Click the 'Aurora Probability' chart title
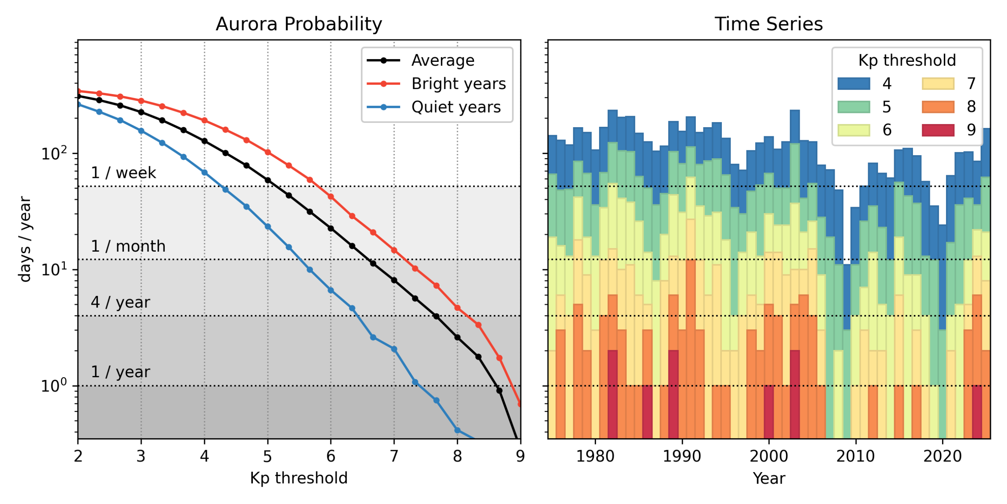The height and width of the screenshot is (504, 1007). [x=299, y=24]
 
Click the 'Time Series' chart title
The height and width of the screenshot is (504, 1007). [x=768, y=24]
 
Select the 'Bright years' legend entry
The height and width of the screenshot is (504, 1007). [x=458, y=83]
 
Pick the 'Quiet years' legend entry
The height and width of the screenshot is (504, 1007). [x=456, y=107]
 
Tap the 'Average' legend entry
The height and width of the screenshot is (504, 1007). [x=443, y=60]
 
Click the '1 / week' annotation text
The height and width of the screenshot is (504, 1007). [x=123, y=173]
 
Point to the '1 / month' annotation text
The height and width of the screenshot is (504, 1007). [x=128, y=246]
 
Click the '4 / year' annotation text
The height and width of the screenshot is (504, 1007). [x=120, y=302]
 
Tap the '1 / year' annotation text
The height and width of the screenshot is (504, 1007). [x=120, y=372]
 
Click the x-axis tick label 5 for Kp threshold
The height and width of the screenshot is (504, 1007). [x=267, y=456]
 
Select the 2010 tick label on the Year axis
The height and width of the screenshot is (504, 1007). [x=855, y=456]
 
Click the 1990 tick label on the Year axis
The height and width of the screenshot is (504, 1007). [x=682, y=456]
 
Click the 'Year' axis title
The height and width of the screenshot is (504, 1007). [x=769, y=478]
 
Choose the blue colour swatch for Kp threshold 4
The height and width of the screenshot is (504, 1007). [x=853, y=83]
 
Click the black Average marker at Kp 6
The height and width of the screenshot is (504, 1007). [x=330, y=228]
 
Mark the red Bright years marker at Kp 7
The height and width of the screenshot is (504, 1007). [x=394, y=250]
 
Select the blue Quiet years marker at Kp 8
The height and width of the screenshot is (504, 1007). [x=457, y=430]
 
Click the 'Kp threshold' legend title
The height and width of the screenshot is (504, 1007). [x=907, y=60]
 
